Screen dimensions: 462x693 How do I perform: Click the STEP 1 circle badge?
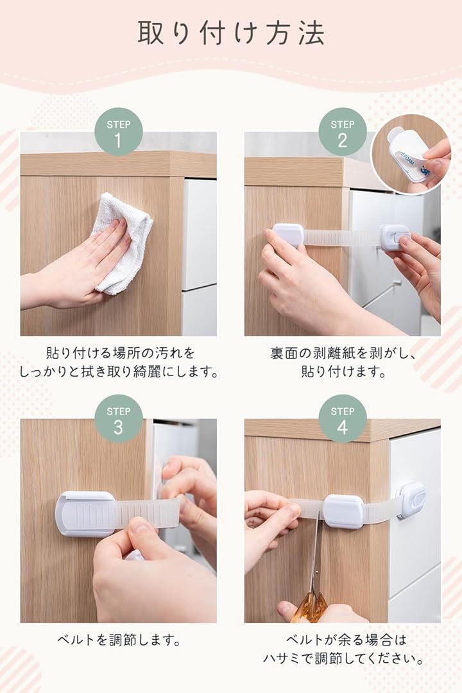119,132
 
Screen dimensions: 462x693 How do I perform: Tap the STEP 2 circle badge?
343,132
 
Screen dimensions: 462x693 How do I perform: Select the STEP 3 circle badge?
119,418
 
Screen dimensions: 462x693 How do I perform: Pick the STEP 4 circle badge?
343,418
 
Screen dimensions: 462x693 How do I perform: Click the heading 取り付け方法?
231,33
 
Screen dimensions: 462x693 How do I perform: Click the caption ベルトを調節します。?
119,640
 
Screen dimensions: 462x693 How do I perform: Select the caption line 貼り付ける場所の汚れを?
120,353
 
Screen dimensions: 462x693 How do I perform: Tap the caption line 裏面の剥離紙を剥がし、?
343,353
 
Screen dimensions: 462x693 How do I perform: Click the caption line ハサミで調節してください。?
343,658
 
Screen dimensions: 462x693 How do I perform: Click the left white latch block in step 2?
288,234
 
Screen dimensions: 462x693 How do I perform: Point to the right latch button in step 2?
395,237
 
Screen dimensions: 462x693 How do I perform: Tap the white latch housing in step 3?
86,513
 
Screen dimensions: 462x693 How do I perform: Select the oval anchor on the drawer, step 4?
411,499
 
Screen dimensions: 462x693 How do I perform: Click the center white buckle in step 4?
343,511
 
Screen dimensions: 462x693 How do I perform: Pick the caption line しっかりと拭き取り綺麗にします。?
119,372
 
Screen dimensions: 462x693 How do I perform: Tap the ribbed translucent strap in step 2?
342,237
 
